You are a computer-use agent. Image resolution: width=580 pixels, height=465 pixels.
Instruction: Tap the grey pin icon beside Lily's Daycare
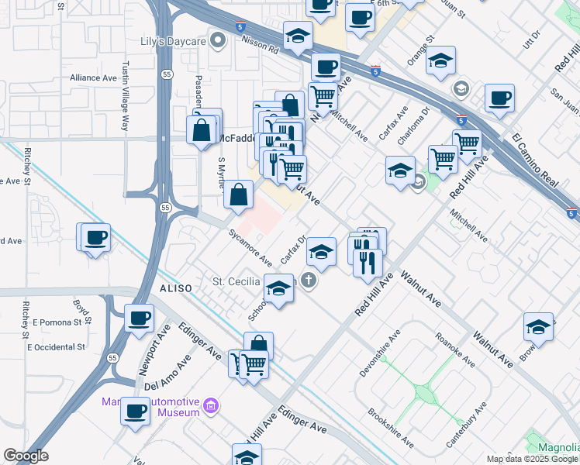tap(219, 40)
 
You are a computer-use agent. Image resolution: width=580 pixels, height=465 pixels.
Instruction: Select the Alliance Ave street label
tap(93, 77)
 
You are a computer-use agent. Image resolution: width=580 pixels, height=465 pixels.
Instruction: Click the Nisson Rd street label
tap(263, 47)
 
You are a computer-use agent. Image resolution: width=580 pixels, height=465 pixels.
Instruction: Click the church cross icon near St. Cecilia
tap(309, 281)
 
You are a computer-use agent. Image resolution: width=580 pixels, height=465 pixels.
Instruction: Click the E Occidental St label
tap(56, 346)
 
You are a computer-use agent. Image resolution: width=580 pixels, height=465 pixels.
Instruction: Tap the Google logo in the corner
tap(26, 456)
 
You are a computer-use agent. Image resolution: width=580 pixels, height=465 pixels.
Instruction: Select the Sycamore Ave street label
tap(250, 246)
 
